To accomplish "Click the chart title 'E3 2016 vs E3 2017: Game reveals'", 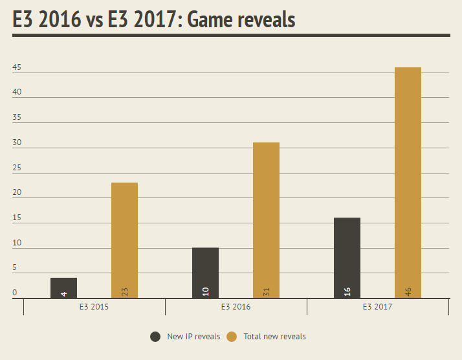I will (154, 19).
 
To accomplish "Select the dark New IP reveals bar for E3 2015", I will (63, 287).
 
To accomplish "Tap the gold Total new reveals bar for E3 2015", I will (124, 240).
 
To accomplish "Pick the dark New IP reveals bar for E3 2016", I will (205, 272).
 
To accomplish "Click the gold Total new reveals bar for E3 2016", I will (266, 220).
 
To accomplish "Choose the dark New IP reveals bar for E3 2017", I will (347, 257).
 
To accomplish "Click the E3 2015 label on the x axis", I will (94, 307).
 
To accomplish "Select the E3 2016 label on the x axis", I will (236, 307).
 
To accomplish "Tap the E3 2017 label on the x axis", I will (377, 307).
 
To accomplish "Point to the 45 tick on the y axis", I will (17, 67).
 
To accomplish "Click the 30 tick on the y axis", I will (17, 142).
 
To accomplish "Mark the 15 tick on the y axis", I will (17, 218).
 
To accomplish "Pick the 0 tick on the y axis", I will (15, 293).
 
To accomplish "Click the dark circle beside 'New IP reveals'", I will (155, 337).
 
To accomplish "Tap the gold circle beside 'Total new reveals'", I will (232, 337).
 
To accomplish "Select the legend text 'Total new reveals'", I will (274, 337).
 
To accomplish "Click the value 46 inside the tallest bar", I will (408, 292).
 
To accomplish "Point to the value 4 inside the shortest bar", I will (63, 294).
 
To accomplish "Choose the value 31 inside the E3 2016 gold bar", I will (267, 292).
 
